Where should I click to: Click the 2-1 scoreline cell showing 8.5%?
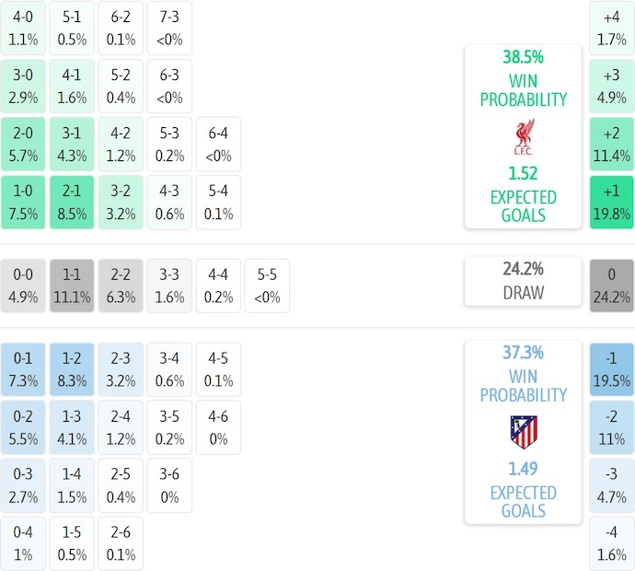[x=72, y=202]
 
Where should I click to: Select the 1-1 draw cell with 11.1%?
[x=72, y=285]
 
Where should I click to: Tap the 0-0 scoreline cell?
[x=23, y=285]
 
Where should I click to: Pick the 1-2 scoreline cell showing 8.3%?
[x=72, y=368]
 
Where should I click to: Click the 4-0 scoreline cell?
[x=23, y=28]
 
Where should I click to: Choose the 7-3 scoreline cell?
[x=169, y=28]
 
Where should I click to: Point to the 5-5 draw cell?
[x=267, y=285]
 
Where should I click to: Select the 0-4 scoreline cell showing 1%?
[x=23, y=544]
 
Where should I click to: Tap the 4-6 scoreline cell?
[x=218, y=427]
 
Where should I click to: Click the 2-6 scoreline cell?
[x=121, y=544]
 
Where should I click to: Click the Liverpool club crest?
[x=523, y=136]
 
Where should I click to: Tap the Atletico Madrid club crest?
[x=523, y=432]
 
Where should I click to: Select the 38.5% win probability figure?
[x=523, y=57]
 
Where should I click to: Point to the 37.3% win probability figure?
[x=523, y=353]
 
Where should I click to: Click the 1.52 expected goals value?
[x=523, y=173]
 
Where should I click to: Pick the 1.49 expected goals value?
[x=523, y=469]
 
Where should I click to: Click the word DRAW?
[x=523, y=293]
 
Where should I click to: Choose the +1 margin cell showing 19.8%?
[x=612, y=202]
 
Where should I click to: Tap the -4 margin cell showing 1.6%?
[x=612, y=544]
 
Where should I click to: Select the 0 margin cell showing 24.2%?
[x=612, y=285]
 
